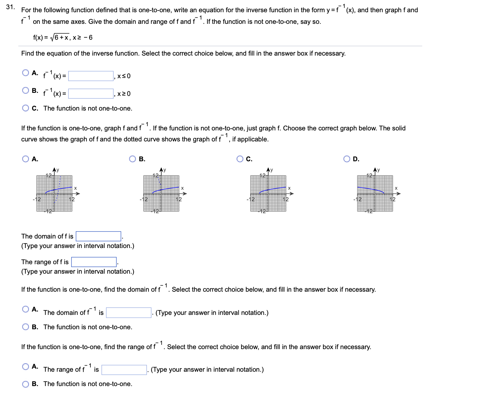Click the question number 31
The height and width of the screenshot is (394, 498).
(10, 7)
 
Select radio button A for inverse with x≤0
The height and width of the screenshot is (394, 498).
(26, 73)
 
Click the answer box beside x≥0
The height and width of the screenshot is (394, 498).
(91, 94)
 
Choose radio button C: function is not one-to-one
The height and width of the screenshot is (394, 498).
(26, 108)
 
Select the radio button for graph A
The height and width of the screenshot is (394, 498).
(26, 159)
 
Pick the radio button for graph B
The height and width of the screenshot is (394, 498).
(133, 159)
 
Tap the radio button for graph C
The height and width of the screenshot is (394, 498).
(240, 159)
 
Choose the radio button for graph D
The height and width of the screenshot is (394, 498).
(347, 159)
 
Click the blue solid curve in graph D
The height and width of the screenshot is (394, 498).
(370, 188)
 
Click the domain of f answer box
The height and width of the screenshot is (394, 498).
(98, 236)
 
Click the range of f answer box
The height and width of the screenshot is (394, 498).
(94, 262)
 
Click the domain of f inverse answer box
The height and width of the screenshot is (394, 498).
(129, 313)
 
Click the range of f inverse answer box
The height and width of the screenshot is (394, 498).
(124, 370)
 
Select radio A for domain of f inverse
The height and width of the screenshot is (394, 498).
(26, 309)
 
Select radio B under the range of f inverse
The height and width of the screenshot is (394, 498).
(26, 384)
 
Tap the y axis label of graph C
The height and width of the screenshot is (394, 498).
(271, 170)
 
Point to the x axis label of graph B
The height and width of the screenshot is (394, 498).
(182, 188)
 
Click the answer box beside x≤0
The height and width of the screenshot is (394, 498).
(91, 76)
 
